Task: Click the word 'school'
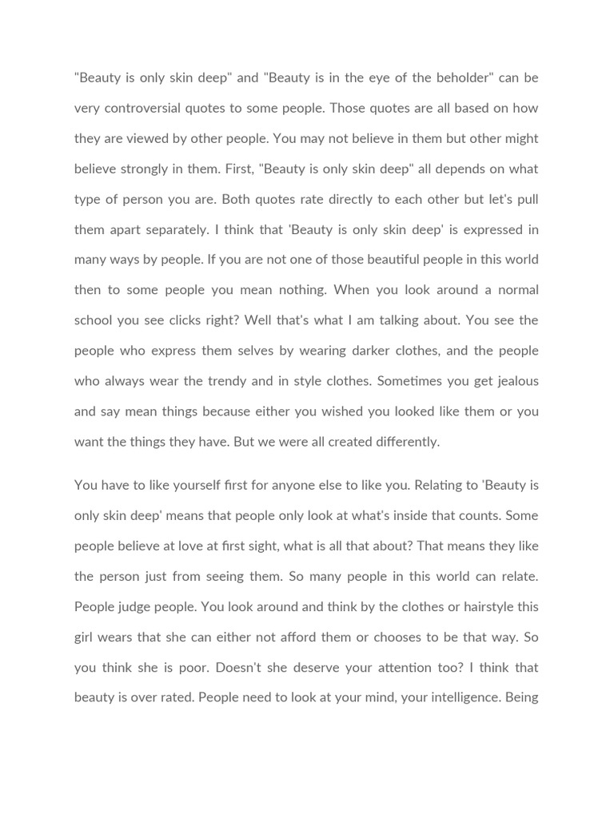[x=94, y=320]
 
